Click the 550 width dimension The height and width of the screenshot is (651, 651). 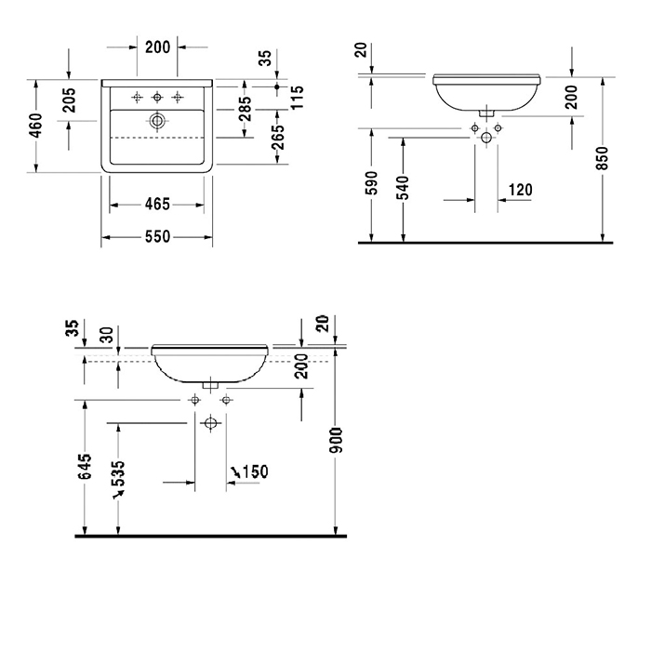[158, 236]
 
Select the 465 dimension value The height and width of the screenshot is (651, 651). [158, 205]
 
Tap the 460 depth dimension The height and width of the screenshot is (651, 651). [36, 126]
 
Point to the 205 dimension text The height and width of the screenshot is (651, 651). [70, 100]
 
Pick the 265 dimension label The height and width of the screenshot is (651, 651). [278, 137]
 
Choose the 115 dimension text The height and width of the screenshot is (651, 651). [298, 98]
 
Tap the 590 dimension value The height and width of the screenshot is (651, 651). [372, 182]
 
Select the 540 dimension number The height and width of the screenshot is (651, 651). [403, 188]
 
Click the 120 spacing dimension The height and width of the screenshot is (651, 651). [520, 190]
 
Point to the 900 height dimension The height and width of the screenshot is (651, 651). [336, 440]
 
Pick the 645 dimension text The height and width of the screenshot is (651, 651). [86, 466]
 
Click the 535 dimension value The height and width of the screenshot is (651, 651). [118, 473]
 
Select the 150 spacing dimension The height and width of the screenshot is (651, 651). [256, 472]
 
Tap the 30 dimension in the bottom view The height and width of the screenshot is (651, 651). [108, 335]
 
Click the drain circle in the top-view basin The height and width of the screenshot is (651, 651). [157, 121]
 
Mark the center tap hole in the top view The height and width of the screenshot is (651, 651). [157, 98]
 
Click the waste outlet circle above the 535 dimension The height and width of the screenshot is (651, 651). [211, 423]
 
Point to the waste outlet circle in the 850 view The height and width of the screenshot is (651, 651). [486, 138]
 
